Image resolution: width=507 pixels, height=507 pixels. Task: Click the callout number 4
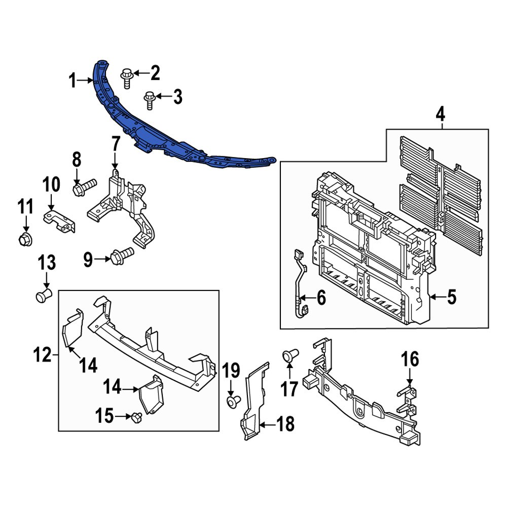click(x=440, y=115)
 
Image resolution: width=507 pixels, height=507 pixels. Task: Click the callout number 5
click(x=452, y=298)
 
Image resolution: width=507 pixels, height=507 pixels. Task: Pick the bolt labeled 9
click(x=122, y=255)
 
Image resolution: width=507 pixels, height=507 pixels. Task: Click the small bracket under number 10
click(x=60, y=222)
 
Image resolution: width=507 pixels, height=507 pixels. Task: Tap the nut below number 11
click(x=24, y=239)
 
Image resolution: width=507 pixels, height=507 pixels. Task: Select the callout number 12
click(x=43, y=355)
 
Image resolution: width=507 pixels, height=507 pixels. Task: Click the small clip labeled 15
click(x=136, y=417)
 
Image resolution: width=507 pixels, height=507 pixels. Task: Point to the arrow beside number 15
click(x=123, y=417)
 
